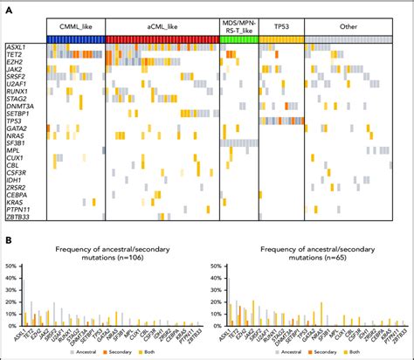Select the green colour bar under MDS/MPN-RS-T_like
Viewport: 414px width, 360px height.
(x=238, y=39)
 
